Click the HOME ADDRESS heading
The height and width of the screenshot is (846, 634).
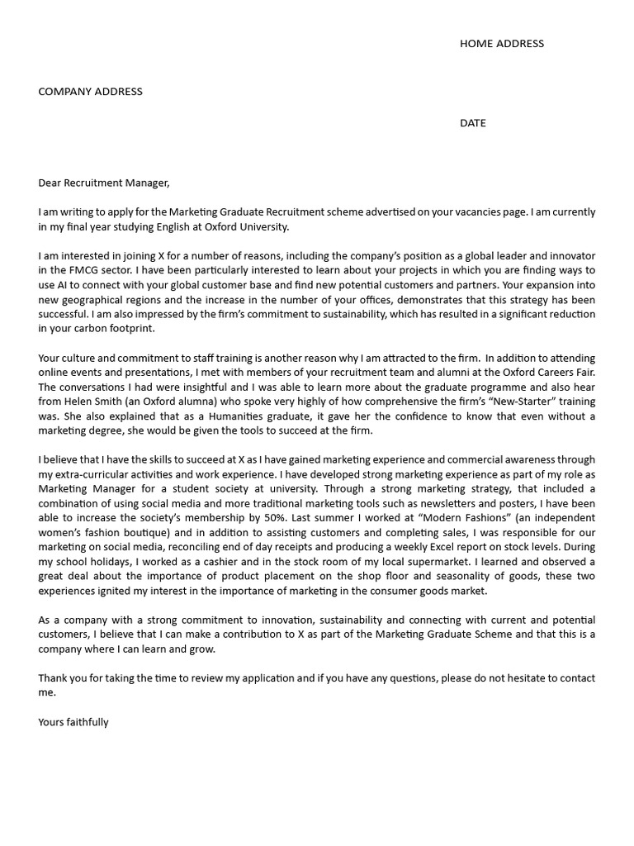click(501, 44)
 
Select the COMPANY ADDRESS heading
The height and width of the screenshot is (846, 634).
click(90, 92)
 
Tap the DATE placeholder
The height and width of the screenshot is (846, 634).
click(473, 123)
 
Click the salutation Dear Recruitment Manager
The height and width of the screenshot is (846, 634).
click(103, 183)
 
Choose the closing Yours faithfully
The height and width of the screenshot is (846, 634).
click(73, 722)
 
